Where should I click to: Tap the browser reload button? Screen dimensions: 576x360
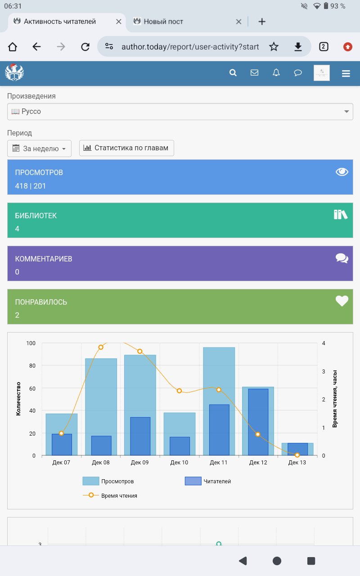click(x=85, y=47)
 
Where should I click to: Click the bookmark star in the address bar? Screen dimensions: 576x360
click(x=274, y=47)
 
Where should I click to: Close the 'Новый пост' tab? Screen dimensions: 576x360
click(x=239, y=22)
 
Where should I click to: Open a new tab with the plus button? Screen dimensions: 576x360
click(x=262, y=22)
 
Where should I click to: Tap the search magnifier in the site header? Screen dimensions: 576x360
click(x=233, y=73)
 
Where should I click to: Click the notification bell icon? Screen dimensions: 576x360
click(x=276, y=73)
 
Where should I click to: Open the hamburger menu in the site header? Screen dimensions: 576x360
click(x=346, y=73)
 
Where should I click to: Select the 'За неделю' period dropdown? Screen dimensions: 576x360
click(x=40, y=148)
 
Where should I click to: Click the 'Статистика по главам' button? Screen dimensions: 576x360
click(x=126, y=148)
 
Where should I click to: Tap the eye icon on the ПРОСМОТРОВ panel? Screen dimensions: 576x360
click(x=342, y=171)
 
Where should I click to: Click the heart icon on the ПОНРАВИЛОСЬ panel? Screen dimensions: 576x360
click(x=342, y=301)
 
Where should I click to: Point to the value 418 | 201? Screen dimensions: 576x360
click(x=31, y=186)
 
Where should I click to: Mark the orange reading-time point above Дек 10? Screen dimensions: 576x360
click(x=179, y=391)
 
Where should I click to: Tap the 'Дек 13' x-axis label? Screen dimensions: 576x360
click(x=297, y=463)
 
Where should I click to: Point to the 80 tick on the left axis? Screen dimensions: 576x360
click(x=31, y=366)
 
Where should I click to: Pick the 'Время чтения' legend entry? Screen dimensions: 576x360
click(x=110, y=495)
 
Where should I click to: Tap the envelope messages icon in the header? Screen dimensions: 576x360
click(x=254, y=73)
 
